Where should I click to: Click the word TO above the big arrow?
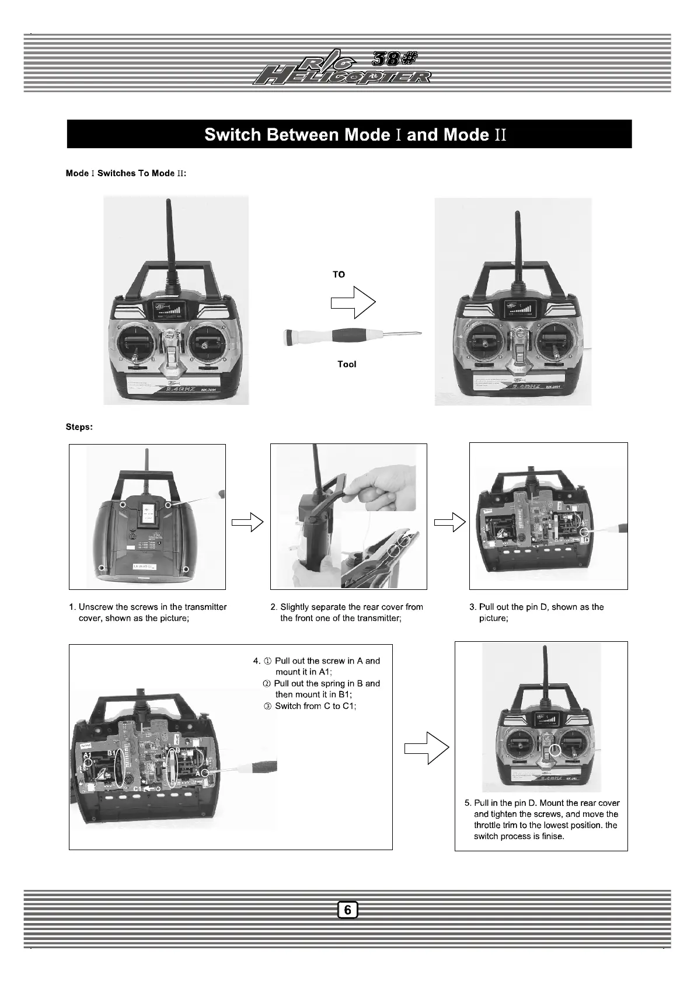click(339, 274)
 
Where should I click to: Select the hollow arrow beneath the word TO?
click(353, 302)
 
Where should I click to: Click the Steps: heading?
click(79, 427)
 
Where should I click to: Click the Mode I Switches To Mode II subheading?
click(126, 173)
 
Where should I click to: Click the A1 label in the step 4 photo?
click(88, 756)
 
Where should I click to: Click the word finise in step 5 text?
click(553, 836)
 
